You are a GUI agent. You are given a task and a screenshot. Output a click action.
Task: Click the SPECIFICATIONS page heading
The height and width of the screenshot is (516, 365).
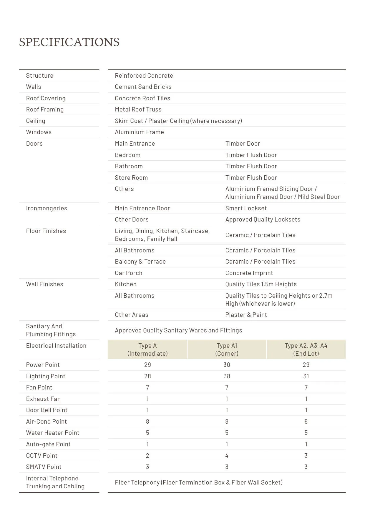point(69,42)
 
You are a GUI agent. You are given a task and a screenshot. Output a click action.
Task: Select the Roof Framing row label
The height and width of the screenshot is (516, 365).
point(45,109)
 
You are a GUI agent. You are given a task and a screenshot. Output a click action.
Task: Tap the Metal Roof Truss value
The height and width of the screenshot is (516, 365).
point(138,109)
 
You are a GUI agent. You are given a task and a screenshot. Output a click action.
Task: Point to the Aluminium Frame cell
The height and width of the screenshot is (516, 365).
point(139,132)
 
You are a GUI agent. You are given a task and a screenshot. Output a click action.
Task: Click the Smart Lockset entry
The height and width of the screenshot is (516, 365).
point(246,208)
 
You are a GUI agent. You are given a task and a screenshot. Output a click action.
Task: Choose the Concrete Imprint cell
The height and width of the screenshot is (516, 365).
point(249,273)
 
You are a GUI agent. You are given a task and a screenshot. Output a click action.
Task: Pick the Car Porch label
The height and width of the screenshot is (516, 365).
point(128,273)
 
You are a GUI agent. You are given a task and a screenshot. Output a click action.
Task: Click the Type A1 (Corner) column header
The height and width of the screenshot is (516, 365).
point(227,349)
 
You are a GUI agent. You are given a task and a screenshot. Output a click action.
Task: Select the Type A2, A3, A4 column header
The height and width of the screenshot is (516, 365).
point(306,349)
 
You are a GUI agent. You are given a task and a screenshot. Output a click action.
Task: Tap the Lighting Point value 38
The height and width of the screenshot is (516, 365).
point(227,376)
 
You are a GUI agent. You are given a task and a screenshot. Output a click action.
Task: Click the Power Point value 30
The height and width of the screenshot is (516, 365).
point(227,365)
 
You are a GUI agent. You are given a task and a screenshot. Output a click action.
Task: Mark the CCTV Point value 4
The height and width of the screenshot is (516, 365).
point(227,456)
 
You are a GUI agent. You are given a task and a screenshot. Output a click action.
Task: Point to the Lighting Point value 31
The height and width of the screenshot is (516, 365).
point(306,376)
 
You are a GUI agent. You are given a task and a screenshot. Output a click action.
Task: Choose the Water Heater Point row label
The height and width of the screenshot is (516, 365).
point(53,433)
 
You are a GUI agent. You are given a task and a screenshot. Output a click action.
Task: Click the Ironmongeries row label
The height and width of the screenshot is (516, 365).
point(47,208)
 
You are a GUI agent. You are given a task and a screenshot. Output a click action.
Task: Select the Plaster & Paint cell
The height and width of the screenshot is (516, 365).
point(246,315)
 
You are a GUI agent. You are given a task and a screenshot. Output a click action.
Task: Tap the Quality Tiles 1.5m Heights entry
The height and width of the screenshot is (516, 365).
point(261,284)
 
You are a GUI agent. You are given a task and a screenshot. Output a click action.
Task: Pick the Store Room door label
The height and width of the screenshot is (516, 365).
point(131,178)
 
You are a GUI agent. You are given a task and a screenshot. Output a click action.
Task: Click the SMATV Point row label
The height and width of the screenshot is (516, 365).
point(44,467)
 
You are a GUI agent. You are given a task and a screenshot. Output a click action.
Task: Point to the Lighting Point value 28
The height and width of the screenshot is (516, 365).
point(147,376)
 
